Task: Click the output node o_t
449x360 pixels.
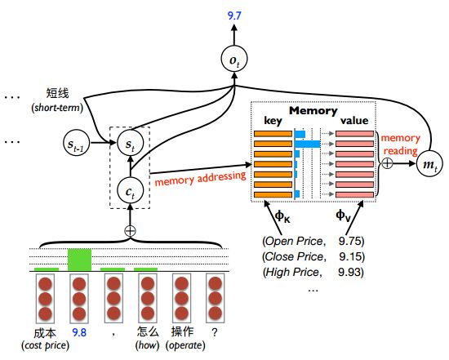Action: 234,60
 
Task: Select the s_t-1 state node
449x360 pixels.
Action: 76,143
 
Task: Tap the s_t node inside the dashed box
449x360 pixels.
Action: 131,143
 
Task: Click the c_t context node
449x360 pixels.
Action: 131,191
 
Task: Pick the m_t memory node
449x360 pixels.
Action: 429,164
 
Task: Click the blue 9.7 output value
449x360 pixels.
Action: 234,16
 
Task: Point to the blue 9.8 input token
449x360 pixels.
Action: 79,332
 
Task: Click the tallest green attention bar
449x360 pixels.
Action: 80,260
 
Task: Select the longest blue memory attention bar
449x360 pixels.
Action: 308,144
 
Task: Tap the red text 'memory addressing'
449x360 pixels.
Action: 201,179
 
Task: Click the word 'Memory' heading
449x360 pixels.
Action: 313,110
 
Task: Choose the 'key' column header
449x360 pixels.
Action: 273,121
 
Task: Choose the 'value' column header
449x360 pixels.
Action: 354,120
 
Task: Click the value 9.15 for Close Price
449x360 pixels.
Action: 352,256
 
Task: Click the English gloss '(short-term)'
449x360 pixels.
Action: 57,108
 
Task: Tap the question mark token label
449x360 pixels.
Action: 215,332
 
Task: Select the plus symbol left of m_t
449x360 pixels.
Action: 387,163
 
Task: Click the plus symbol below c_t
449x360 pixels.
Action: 131,231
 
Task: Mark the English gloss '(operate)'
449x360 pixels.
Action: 185,345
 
